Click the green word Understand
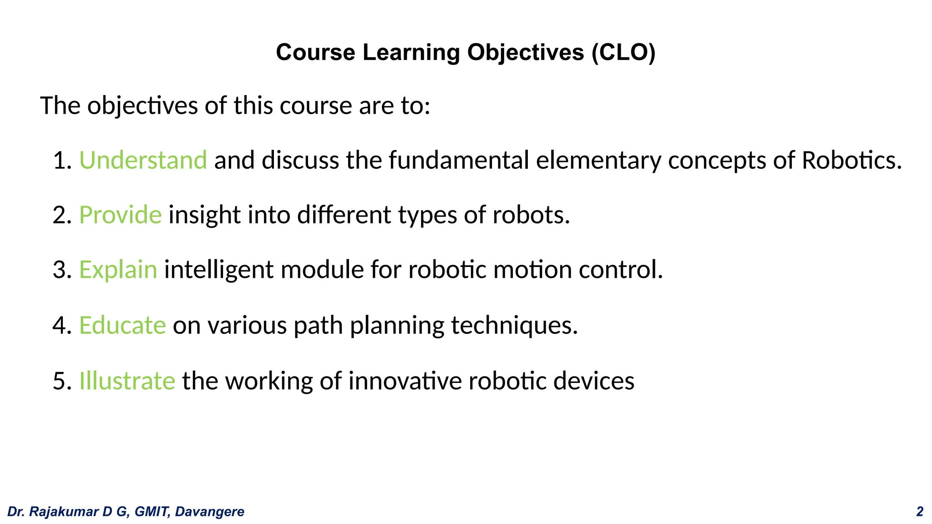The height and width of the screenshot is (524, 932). [143, 160]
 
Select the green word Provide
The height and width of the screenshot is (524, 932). [120, 215]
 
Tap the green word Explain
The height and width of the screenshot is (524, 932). [118, 270]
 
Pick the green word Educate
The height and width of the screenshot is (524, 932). [122, 325]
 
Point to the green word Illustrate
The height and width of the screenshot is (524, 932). [127, 381]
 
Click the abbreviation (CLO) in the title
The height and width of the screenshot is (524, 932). [623, 52]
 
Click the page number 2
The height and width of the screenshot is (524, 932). [919, 512]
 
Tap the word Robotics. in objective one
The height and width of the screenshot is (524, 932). [851, 160]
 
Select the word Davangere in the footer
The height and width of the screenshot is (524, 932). [210, 512]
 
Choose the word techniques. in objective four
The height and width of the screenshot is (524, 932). [514, 325]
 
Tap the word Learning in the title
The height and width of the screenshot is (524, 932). [411, 52]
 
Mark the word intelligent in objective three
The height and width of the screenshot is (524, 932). [218, 270]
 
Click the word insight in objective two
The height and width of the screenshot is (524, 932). [204, 215]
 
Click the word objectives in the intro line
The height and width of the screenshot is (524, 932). [142, 106]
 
